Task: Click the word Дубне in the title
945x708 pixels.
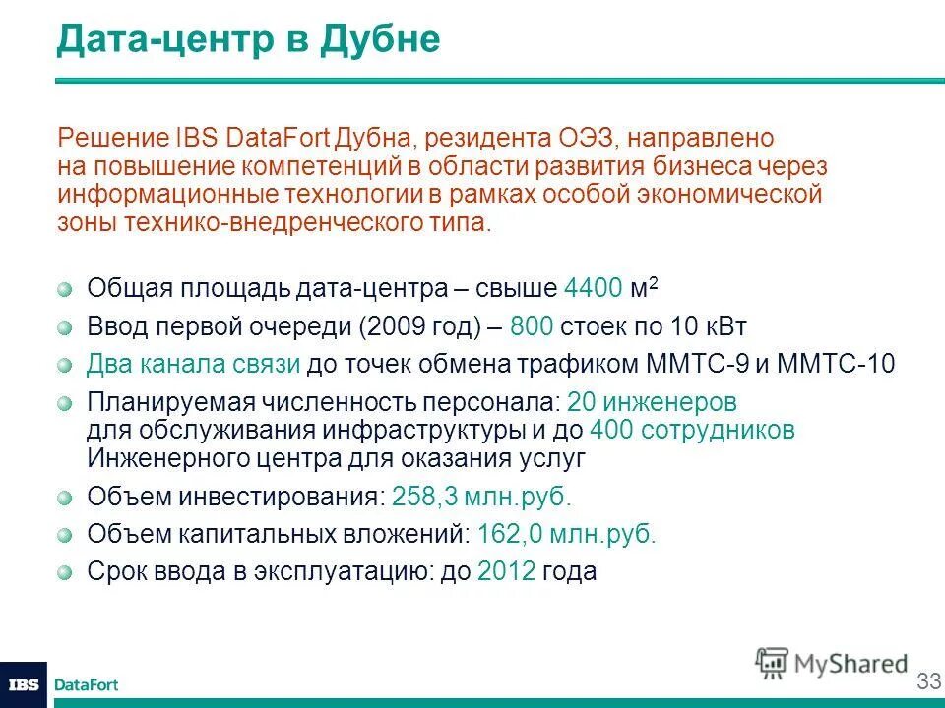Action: click(x=378, y=40)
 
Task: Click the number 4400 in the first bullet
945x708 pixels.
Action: click(x=594, y=289)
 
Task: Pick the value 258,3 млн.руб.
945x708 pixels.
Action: click(x=480, y=497)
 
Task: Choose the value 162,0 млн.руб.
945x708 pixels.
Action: click(x=566, y=534)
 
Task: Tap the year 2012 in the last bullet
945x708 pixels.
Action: click(x=506, y=571)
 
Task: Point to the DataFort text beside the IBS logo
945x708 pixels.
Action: click(x=86, y=685)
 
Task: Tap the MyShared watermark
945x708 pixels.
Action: click(x=832, y=663)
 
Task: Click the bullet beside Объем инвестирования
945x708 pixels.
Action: click(x=65, y=498)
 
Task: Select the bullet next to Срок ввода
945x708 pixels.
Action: click(x=65, y=572)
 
